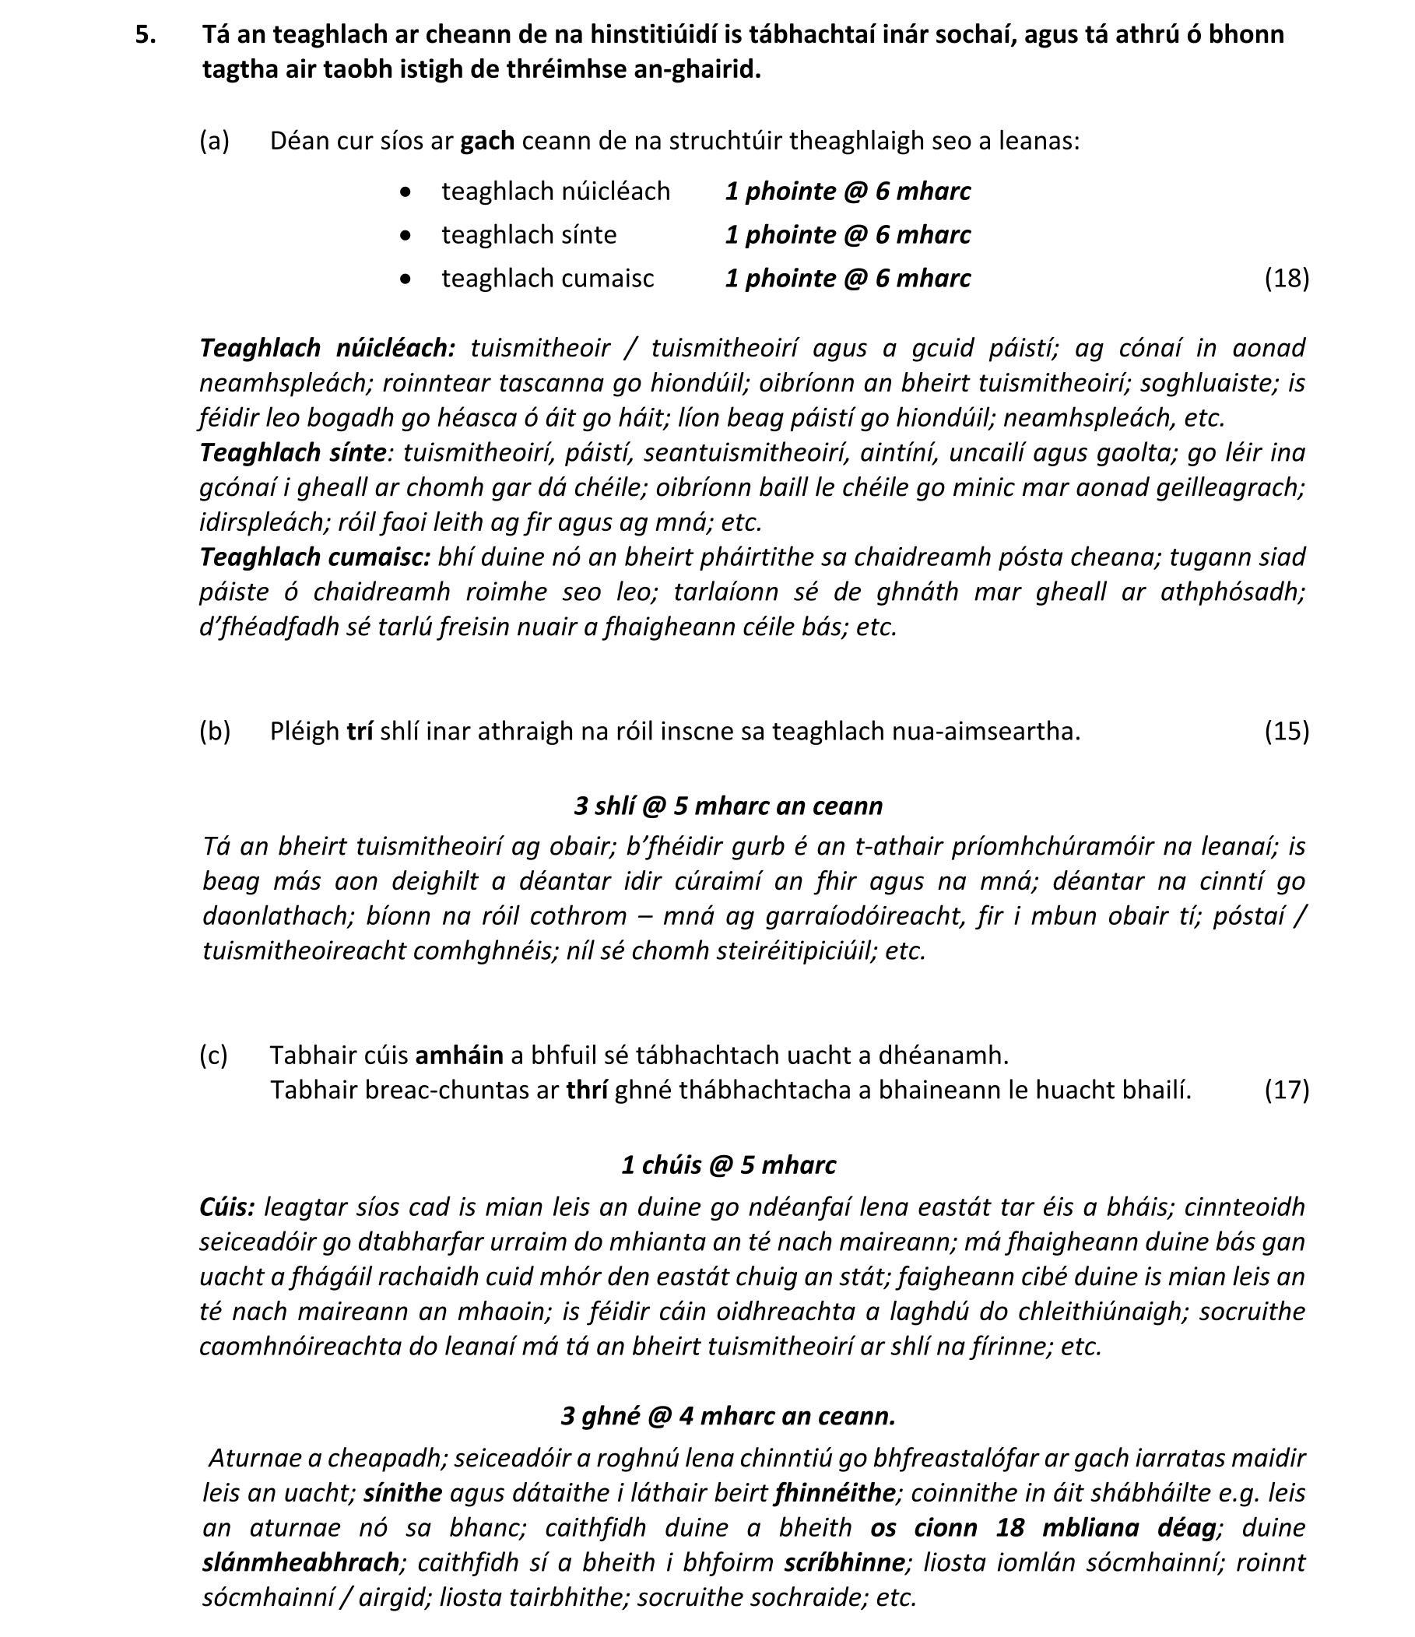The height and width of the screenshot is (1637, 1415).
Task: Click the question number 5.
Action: [145, 35]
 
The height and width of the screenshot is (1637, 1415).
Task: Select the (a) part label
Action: [214, 141]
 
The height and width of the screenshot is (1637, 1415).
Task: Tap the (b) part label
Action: [214, 731]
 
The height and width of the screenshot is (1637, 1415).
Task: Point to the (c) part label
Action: [213, 1055]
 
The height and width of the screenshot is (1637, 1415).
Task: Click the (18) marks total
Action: [1287, 278]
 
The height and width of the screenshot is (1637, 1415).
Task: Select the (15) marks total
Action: [1287, 731]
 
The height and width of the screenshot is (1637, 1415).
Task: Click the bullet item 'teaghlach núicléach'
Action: [556, 191]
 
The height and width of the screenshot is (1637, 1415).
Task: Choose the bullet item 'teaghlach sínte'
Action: [528, 234]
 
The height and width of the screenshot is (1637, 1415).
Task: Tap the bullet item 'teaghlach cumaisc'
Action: [547, 278]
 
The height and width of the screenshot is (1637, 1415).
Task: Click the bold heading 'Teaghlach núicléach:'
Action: [327, 348]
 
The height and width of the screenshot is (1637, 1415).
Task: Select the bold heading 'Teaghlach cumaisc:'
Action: [314, 557]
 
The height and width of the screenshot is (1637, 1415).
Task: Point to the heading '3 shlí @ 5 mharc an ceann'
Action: [728, 806]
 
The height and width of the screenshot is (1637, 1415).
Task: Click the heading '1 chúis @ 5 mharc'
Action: [729, 1165]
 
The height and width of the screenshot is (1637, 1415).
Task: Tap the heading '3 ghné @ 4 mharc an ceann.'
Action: [728, 1416]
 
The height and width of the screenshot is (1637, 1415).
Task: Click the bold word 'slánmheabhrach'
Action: [301, 1562]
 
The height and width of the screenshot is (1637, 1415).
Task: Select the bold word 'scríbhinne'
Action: [844, 1562]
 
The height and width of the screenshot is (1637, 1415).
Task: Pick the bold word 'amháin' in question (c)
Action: [459, 1055]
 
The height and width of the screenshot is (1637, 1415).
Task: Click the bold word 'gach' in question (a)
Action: [487, 141]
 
